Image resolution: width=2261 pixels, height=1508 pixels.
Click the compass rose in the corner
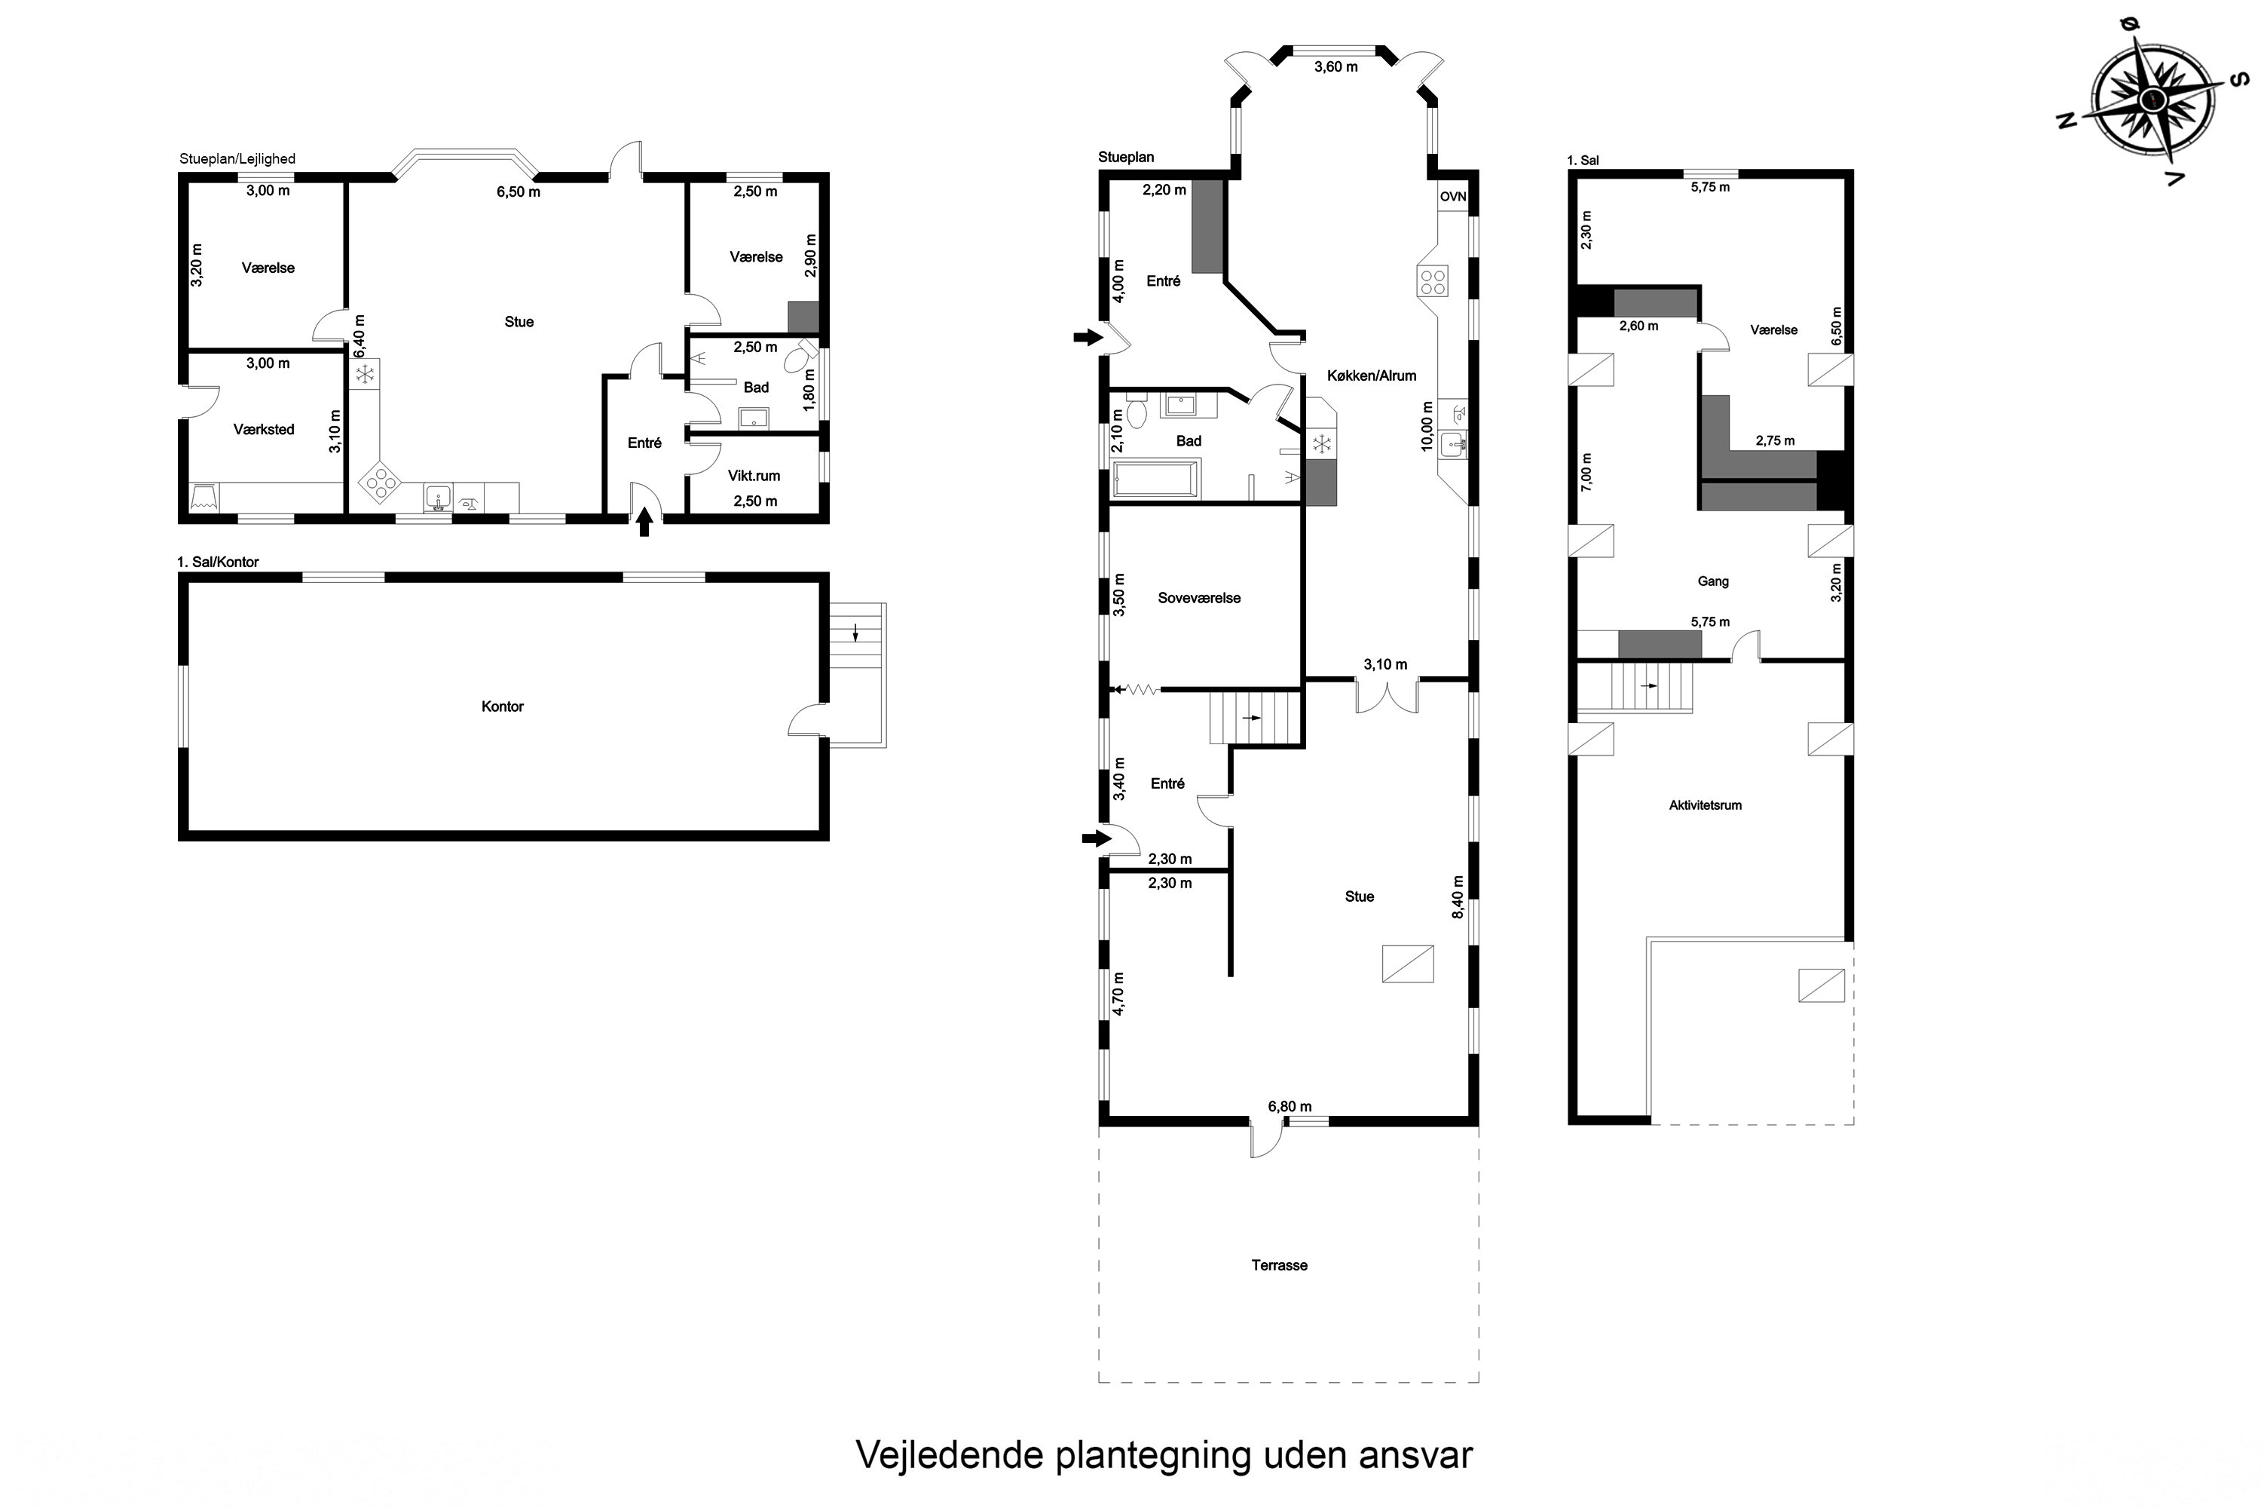[2153, 99]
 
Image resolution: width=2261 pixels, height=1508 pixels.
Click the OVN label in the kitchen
[1452, 197]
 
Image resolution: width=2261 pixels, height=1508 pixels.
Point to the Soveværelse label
[1199, 598]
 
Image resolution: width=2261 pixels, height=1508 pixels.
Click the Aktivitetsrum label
[1704, 806]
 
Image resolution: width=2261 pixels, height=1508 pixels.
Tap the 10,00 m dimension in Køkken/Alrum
[1427, 426]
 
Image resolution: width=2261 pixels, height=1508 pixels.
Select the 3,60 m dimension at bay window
[1335, 67]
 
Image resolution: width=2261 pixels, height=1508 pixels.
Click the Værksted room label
[263, 430]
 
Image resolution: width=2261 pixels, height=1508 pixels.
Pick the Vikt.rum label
[754, 476]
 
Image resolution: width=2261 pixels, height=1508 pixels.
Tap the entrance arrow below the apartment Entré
[644, 523]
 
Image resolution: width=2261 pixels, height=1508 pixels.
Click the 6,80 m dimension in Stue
[1289, 1107]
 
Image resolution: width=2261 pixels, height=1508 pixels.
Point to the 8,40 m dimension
[1458, 897]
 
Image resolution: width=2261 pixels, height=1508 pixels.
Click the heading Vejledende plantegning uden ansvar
[1163, 1455]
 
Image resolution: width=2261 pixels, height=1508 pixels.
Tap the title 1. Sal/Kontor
[219, 562]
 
